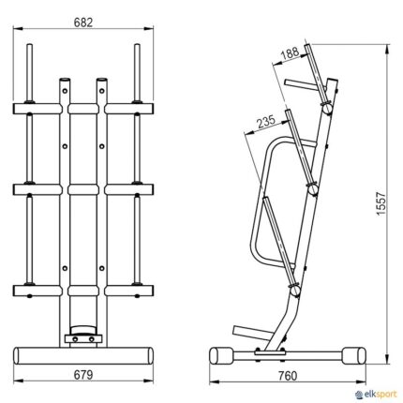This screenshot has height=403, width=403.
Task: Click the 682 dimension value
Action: pyautogui.click(x=83, y=22)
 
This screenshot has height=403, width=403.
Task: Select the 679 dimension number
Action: pyautogui.click(x=83, y=375)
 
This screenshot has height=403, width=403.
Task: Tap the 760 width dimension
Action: pyautogui.click(x=287, y=376)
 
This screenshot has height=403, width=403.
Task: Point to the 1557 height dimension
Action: pyautogui.click(x=381, y=203)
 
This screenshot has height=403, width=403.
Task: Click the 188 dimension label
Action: pyautogui.click(x=291, y=52)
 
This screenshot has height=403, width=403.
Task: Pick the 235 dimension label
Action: pyautogui.click(x=266, y=122)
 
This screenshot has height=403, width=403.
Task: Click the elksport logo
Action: pyautogui.click(x=377, y=395)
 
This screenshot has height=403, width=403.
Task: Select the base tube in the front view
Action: pyautogui.click(x=83, y=355)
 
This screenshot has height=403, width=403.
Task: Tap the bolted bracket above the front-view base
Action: pyautogui.click(x=83, y=339)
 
